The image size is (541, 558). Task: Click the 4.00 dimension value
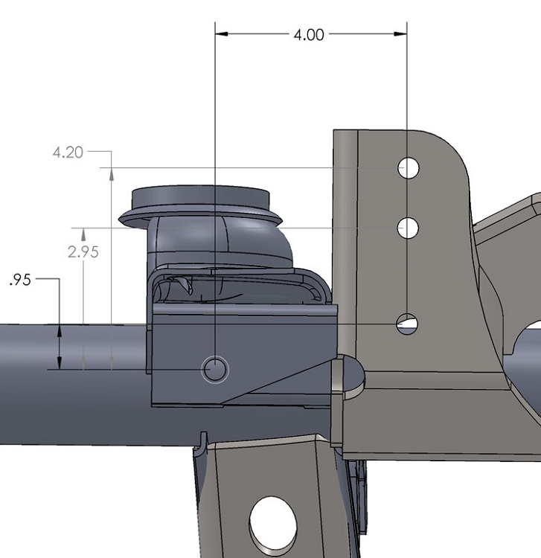309,34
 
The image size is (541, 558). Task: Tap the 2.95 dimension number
83,251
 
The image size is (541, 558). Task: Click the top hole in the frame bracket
408,168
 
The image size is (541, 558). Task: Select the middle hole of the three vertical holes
407,228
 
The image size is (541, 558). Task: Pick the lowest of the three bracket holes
407,324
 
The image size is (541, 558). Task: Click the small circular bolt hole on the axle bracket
216,369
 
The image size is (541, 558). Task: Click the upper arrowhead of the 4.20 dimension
111,174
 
